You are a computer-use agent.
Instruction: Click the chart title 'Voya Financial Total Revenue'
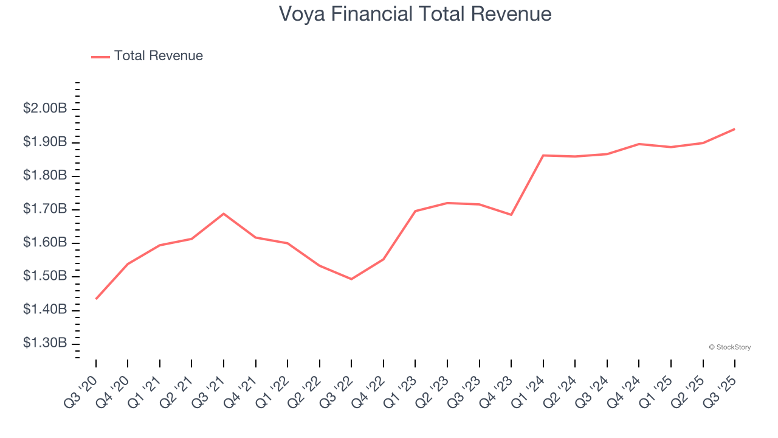coord(415,14)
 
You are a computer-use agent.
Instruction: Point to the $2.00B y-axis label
coord(45,109)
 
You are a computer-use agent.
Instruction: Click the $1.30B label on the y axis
coord(45,344)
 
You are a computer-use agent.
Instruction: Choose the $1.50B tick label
coord(45,277)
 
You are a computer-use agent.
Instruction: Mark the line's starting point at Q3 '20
coord(96,299)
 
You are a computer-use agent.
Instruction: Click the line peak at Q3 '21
coord(224,214)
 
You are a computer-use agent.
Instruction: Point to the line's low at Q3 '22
coord(351,279)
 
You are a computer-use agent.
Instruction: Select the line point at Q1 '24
coord(543,155)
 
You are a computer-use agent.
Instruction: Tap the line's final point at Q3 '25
coord(734,129)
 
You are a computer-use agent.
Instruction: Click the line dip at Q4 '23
coord(511,215)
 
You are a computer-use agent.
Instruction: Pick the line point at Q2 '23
coord(447,203)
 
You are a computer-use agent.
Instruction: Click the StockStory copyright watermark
coord(729,347)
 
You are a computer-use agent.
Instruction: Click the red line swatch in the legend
coord(100,57)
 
